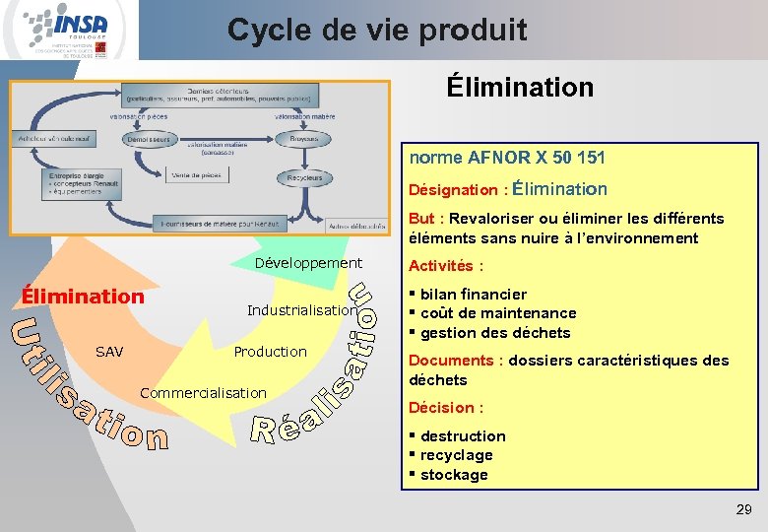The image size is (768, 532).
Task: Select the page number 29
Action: point(743,509)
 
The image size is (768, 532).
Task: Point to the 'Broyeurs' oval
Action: point(304,140)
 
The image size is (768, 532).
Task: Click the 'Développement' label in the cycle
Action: point(308,264)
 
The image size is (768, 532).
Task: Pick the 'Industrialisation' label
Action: point(301,310)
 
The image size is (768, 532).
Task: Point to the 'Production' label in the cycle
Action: point(270,352)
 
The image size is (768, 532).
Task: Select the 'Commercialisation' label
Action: point(203,393)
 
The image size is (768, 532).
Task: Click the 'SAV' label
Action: point(109,352)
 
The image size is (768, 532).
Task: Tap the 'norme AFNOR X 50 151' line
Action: point(507,158)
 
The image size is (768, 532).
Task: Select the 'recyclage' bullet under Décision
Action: point(456,455)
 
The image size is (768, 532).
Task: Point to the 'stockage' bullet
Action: point(453,475)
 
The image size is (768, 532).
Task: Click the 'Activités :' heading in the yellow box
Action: point(446,266)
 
